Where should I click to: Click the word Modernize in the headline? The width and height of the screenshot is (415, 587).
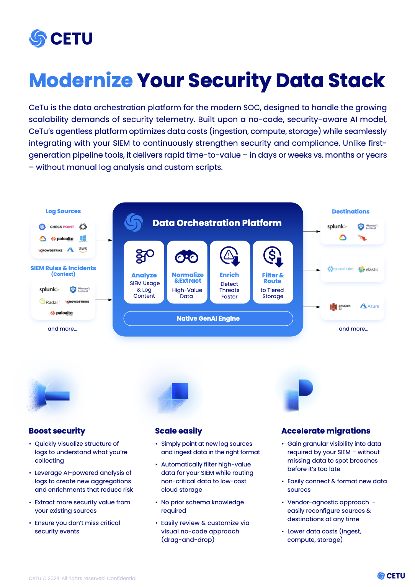click(81, 81)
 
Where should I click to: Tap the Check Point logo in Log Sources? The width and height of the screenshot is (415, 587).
click(62, 227)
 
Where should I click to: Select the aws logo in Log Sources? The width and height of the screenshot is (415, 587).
click(83, 249)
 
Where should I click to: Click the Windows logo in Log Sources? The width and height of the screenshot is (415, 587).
click(83, 238)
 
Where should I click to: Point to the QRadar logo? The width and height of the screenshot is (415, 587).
click(49, 302)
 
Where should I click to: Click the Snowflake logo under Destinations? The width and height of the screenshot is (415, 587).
click(340, 269)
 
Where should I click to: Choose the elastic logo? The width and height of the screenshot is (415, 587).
click(368, 269)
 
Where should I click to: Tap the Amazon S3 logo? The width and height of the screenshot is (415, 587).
click(340, 307)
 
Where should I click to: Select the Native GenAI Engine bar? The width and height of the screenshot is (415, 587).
click(208, 318)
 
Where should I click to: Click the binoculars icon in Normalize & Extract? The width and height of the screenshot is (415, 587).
click(186, 256)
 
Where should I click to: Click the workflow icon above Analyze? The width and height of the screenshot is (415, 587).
click(144, 256)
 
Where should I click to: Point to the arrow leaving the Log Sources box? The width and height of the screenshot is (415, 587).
click(104, 240)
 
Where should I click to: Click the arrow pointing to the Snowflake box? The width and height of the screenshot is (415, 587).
click(312, 270)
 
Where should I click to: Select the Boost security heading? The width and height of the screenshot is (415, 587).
click(57, 431)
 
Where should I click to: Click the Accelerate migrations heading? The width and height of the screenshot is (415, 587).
click(326, 431)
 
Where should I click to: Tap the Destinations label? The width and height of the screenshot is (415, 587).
click(350, 212)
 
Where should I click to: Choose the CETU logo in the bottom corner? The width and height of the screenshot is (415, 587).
click(391, 576)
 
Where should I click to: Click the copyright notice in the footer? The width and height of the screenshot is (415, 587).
click(83, 578)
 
